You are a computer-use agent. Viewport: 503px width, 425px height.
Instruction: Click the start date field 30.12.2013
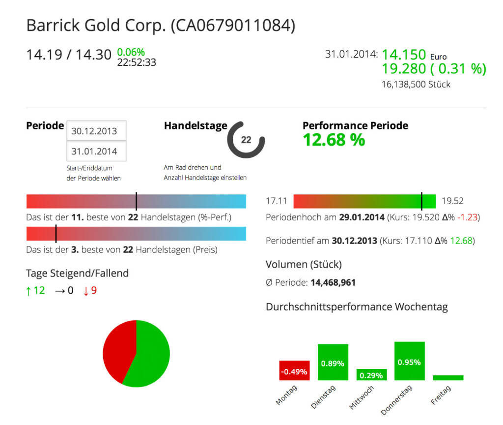(96, 131)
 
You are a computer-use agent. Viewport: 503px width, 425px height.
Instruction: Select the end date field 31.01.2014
(96, 152)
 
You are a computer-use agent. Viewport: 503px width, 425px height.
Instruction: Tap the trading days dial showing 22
(246, 140)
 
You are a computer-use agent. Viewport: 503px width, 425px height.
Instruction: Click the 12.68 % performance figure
(334, 140)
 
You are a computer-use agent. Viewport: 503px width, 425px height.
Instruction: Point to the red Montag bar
(294, 370)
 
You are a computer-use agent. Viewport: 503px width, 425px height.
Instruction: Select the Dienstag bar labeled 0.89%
(333, 363)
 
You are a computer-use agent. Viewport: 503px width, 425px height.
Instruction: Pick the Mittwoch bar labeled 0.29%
(371, 375)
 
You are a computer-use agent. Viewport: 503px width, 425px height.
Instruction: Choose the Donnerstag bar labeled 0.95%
(409, 361)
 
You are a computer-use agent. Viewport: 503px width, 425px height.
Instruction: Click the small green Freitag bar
(448, 378)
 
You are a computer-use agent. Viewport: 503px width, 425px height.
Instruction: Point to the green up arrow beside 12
(28, 291)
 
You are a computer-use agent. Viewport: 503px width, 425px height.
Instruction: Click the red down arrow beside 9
(86, 291)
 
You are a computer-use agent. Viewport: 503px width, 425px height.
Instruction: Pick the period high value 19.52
(452, 201)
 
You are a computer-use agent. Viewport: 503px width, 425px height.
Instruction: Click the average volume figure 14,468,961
(333, 283)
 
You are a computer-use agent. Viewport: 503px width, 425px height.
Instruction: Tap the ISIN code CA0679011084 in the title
(232, 26)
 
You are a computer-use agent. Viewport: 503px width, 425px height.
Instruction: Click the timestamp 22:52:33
(137, 62)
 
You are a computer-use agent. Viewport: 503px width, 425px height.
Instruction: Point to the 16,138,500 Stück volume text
(416, 84)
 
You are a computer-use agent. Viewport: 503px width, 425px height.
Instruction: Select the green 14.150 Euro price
(404, 55)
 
